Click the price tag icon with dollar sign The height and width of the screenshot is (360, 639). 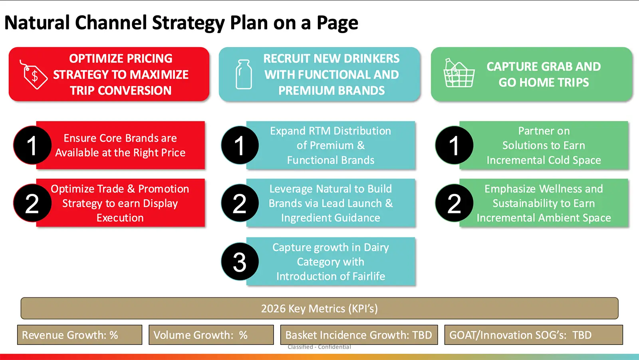pos(34,75)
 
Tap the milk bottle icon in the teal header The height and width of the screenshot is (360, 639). pos(243,74)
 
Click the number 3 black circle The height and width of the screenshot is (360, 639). pos(240,262)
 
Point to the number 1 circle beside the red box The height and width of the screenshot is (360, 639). pos(32,145)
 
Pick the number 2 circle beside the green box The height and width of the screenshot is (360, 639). pos(454,203)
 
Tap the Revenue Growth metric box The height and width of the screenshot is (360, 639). pos(79,335)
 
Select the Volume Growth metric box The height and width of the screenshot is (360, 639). pos(211,335)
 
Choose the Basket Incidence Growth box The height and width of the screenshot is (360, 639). pos(359,335)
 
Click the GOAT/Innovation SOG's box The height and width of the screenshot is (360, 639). pos(533,335)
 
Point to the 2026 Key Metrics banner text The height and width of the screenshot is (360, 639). pos(319,308)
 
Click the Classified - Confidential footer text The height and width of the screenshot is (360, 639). pos(319,347)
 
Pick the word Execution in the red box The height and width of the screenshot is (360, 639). pos(120,218)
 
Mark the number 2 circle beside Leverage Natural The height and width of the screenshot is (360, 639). pos(240,203)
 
